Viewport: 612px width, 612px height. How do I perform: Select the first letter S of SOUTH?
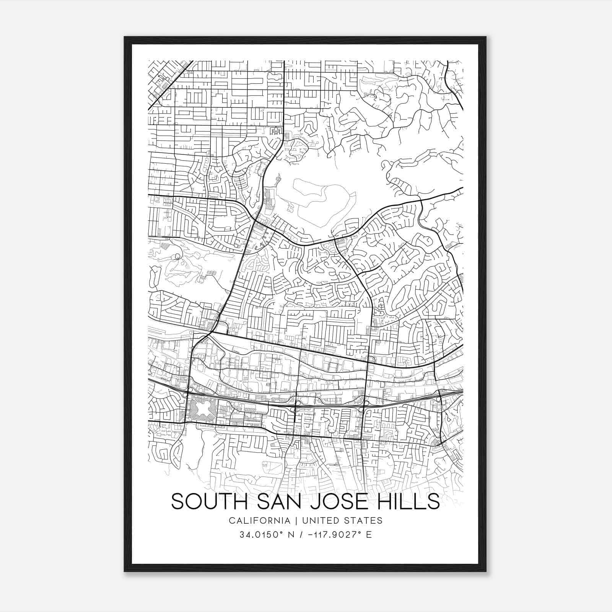pos(178,501)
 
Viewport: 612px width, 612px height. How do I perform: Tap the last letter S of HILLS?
pos(434,501)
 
